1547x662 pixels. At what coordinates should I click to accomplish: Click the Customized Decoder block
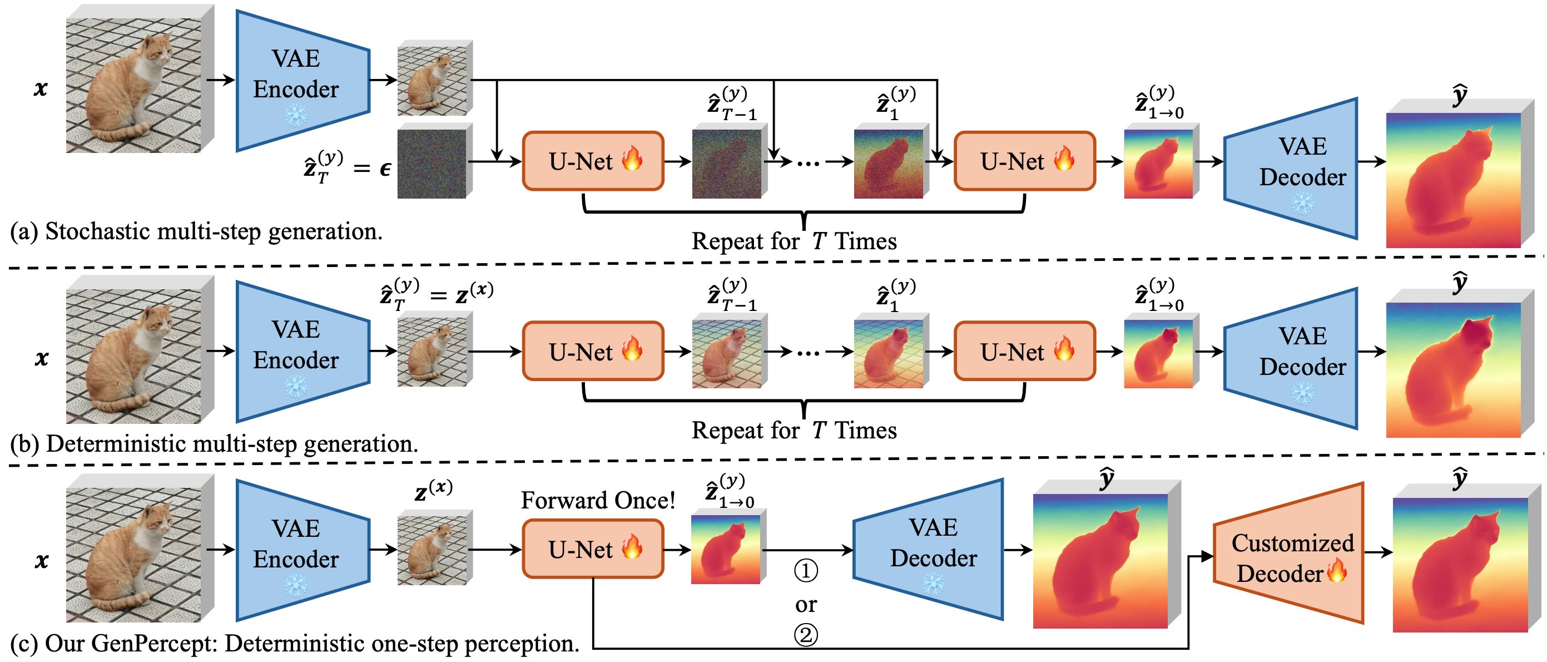1288,552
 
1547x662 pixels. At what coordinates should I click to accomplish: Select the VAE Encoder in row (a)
303,81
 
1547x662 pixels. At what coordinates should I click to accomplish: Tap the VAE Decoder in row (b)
1291,359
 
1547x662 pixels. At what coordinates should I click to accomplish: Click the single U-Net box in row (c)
593,549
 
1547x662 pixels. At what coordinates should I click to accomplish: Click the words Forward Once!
598,500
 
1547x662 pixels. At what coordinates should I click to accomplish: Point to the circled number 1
806,571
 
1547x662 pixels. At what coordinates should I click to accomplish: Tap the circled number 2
806,635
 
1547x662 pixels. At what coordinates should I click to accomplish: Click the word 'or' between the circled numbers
806,604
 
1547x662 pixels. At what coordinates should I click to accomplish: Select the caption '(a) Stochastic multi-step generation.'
196,231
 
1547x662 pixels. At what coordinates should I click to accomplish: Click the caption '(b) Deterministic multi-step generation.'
214,444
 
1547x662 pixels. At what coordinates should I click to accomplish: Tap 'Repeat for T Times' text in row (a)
794,241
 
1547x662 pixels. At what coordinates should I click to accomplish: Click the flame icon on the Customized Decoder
1337,570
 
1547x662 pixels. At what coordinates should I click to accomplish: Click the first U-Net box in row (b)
593,351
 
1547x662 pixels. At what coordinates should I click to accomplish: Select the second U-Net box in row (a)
1024,161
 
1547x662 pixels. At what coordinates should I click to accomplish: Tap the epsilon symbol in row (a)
385,169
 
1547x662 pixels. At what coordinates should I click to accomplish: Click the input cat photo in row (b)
140,349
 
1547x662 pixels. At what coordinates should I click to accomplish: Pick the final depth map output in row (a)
1460,174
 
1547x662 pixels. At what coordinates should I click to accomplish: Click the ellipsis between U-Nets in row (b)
808,353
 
